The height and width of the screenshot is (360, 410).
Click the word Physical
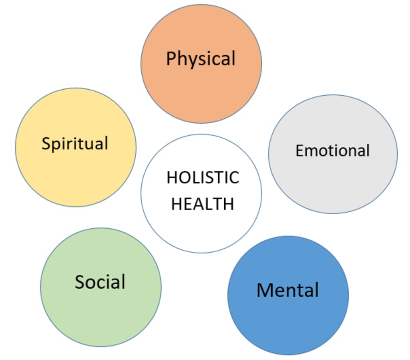coord(201,59)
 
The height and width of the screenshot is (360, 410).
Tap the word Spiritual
coord(75,143)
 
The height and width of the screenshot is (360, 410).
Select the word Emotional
coord(332,151)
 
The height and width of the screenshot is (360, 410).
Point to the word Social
coord(100,282)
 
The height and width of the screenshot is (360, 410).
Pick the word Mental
coord(287,290)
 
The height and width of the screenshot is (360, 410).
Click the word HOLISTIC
coord(203,178)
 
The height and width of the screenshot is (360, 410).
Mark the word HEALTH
coord(203,203)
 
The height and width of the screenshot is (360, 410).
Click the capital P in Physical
coord(171,58)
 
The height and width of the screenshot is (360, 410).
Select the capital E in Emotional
coord(300,151)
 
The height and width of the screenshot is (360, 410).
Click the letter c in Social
coord(104,283)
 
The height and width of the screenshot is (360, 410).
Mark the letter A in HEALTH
coord(198,203)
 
